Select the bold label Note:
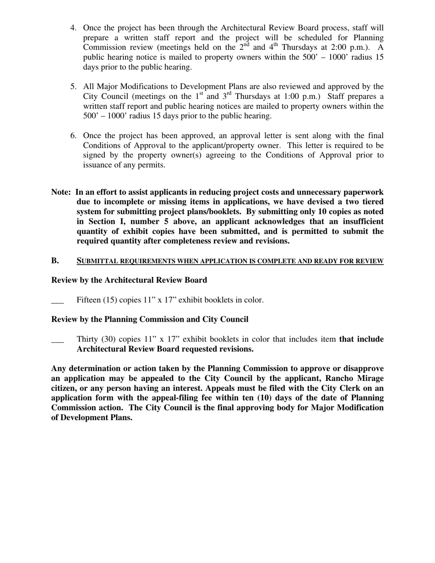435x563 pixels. (61, 192)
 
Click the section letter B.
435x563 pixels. (55, 261)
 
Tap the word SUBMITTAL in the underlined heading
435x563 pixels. (98, 261)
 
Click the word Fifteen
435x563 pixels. (88, 300)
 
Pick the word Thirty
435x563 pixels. (87, 339)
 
